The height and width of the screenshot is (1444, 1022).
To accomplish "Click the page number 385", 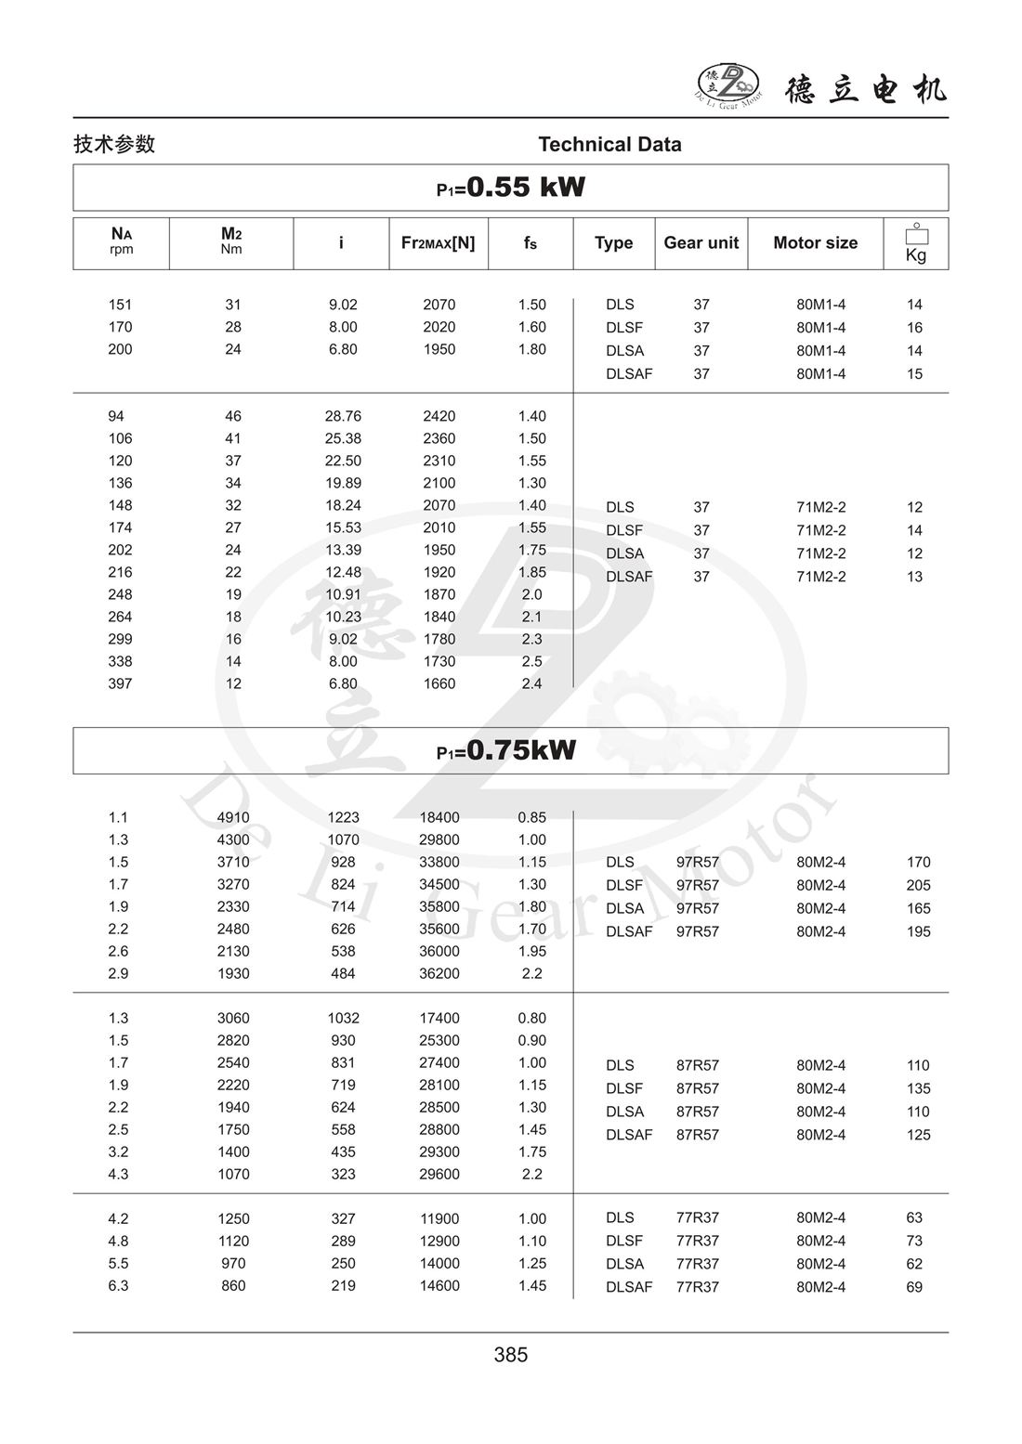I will click(511, 1355).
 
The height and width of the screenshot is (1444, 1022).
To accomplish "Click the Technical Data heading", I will click(609, 144).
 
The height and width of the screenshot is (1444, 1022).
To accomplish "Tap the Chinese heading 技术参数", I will click(114, 144).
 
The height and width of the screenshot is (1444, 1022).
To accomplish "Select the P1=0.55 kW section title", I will click(511, 188).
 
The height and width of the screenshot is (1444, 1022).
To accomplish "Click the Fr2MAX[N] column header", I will click(438, 242).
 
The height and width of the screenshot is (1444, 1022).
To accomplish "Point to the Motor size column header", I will click(815, 242).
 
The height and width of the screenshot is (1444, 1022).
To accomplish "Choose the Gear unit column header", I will click(701, 242).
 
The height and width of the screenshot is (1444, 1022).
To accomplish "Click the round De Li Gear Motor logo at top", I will click(728, 86).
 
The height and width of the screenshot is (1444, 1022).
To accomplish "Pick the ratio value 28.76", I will click(343, 416).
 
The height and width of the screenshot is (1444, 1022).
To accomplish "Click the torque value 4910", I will click(233, 817).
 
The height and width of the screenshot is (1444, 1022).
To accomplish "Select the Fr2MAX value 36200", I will click(439, 973).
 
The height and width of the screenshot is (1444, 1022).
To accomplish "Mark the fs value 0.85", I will click(531, 817).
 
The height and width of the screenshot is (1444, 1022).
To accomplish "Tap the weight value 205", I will click(918, 885).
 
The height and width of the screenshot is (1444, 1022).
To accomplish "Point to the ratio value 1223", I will click(343, 817).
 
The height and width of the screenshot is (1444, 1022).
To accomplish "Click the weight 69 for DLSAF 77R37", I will click(914, 1287).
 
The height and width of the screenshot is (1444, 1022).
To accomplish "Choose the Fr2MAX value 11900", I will click(439, 1218).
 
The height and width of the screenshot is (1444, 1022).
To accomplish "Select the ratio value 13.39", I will click(343, 550).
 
